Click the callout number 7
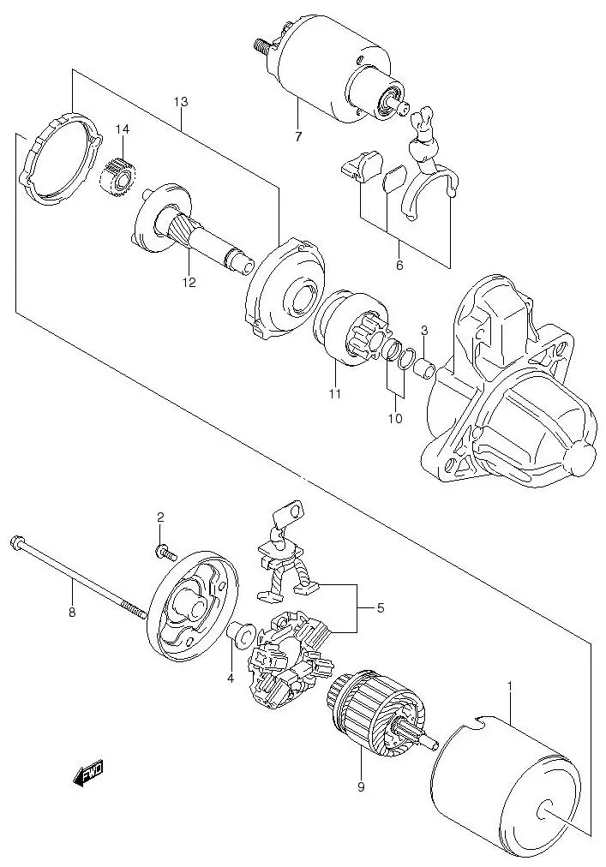pos(298,137)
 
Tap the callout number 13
pos(180,102)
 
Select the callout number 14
pos(123,129)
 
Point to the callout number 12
pos(188,282)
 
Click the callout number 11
pos(334,394)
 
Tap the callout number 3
pos(423,332)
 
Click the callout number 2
pos(160,517)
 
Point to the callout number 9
pos(361,786)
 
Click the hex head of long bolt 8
pos(16,541)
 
